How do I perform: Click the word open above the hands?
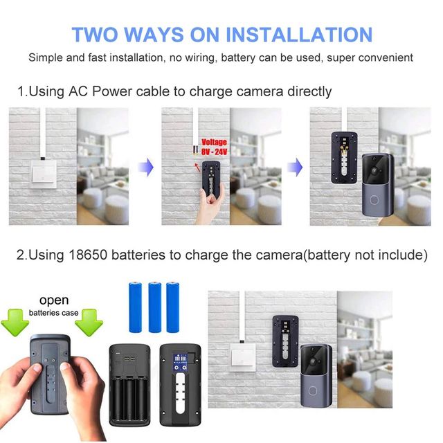click(x=54, y=301)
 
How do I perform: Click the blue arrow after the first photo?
click(x=145, y=167)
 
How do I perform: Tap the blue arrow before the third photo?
click(x=295, y=167)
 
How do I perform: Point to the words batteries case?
click(x=53, y=313)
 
